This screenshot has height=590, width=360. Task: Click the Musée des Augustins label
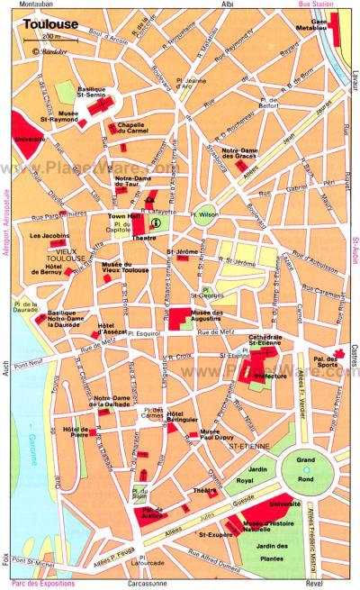[x=206, y=311]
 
